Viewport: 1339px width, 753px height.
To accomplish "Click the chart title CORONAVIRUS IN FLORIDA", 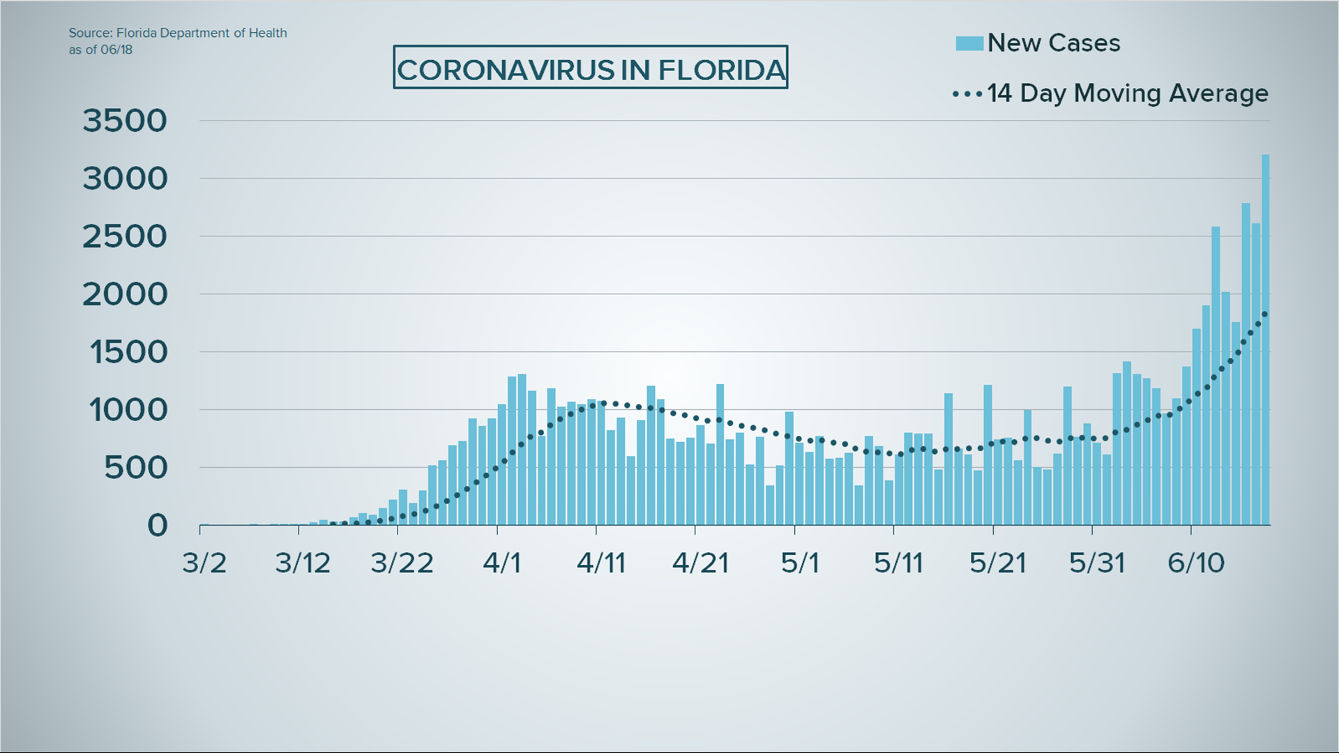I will click(x=591, y=70).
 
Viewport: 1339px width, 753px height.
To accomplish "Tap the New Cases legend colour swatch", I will click(x=969, y=43).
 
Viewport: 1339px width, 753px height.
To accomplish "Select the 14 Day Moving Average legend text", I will click(x=1127, y=93).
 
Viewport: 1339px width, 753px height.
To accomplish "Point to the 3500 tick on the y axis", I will click(x=125, y=121).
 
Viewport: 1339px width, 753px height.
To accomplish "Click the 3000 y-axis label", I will click(x=125, y=178).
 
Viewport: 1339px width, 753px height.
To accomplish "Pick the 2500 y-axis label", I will click(x=125, y=236).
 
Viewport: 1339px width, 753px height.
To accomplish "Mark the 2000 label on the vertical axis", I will click(x=125, y=294).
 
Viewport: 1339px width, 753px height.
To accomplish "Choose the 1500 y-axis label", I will click(x=128, y=352).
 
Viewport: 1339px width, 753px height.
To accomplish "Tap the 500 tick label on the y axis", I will click(x=136, y=467).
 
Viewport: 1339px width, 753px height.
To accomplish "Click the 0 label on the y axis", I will click(x=158, y=525).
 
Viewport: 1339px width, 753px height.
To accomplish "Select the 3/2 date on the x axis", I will click(x=204, y=563).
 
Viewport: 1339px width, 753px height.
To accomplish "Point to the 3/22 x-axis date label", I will click(x=402, y=563).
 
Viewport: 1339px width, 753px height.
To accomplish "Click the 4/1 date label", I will click(x=502, y=563).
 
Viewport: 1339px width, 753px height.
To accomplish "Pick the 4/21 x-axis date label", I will click(x=700, y=563).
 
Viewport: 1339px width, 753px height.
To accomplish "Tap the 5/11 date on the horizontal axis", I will click(x=898, y=563).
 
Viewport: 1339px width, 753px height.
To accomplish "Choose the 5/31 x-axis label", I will click(x=1097, y=563).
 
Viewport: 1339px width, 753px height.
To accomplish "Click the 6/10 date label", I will click(x=1196, y=563).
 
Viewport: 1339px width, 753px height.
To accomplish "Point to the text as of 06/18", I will click(x=100, y=50).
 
